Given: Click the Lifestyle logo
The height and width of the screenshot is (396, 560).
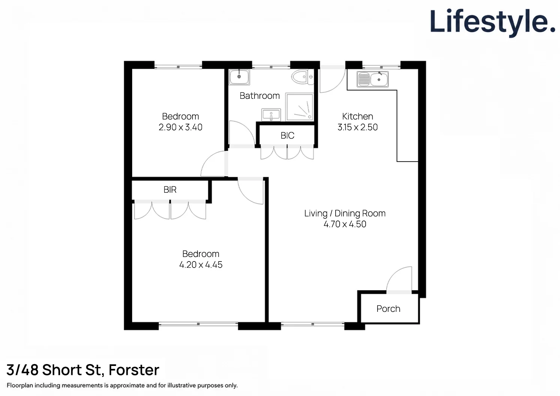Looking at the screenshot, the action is coord(492,22).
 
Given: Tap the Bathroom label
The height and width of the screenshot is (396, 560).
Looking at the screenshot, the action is coord(259,96).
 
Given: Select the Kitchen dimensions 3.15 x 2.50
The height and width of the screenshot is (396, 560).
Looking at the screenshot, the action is coord(357,127).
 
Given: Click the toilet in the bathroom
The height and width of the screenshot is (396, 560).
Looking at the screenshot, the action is coord(302,77).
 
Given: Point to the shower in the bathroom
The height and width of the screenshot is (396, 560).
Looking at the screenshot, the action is coord(299,107).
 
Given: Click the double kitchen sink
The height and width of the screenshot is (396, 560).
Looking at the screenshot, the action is coord(372,79).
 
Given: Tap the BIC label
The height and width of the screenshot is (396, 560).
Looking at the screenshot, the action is coord(287,135).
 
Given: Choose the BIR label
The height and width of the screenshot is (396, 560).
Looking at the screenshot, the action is coord(170,190).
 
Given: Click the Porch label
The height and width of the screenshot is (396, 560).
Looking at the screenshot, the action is coord(388,309).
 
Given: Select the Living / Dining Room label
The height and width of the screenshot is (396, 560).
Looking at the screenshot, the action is coord(345,213).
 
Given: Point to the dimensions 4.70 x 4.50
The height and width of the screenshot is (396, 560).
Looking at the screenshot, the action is coord(345,224).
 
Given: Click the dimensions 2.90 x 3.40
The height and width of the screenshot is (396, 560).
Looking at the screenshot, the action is coord(180,127).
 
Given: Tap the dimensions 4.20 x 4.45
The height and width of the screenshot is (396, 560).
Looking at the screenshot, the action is coord(200,265).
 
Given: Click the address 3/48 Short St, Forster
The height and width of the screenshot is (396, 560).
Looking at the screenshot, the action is coord(83,370).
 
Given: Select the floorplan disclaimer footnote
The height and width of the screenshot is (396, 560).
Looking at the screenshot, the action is coord(122,385).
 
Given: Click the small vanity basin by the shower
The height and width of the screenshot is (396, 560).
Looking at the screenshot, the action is coord(271,115).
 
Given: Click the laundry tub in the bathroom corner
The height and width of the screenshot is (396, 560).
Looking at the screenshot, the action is coord(239,77).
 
